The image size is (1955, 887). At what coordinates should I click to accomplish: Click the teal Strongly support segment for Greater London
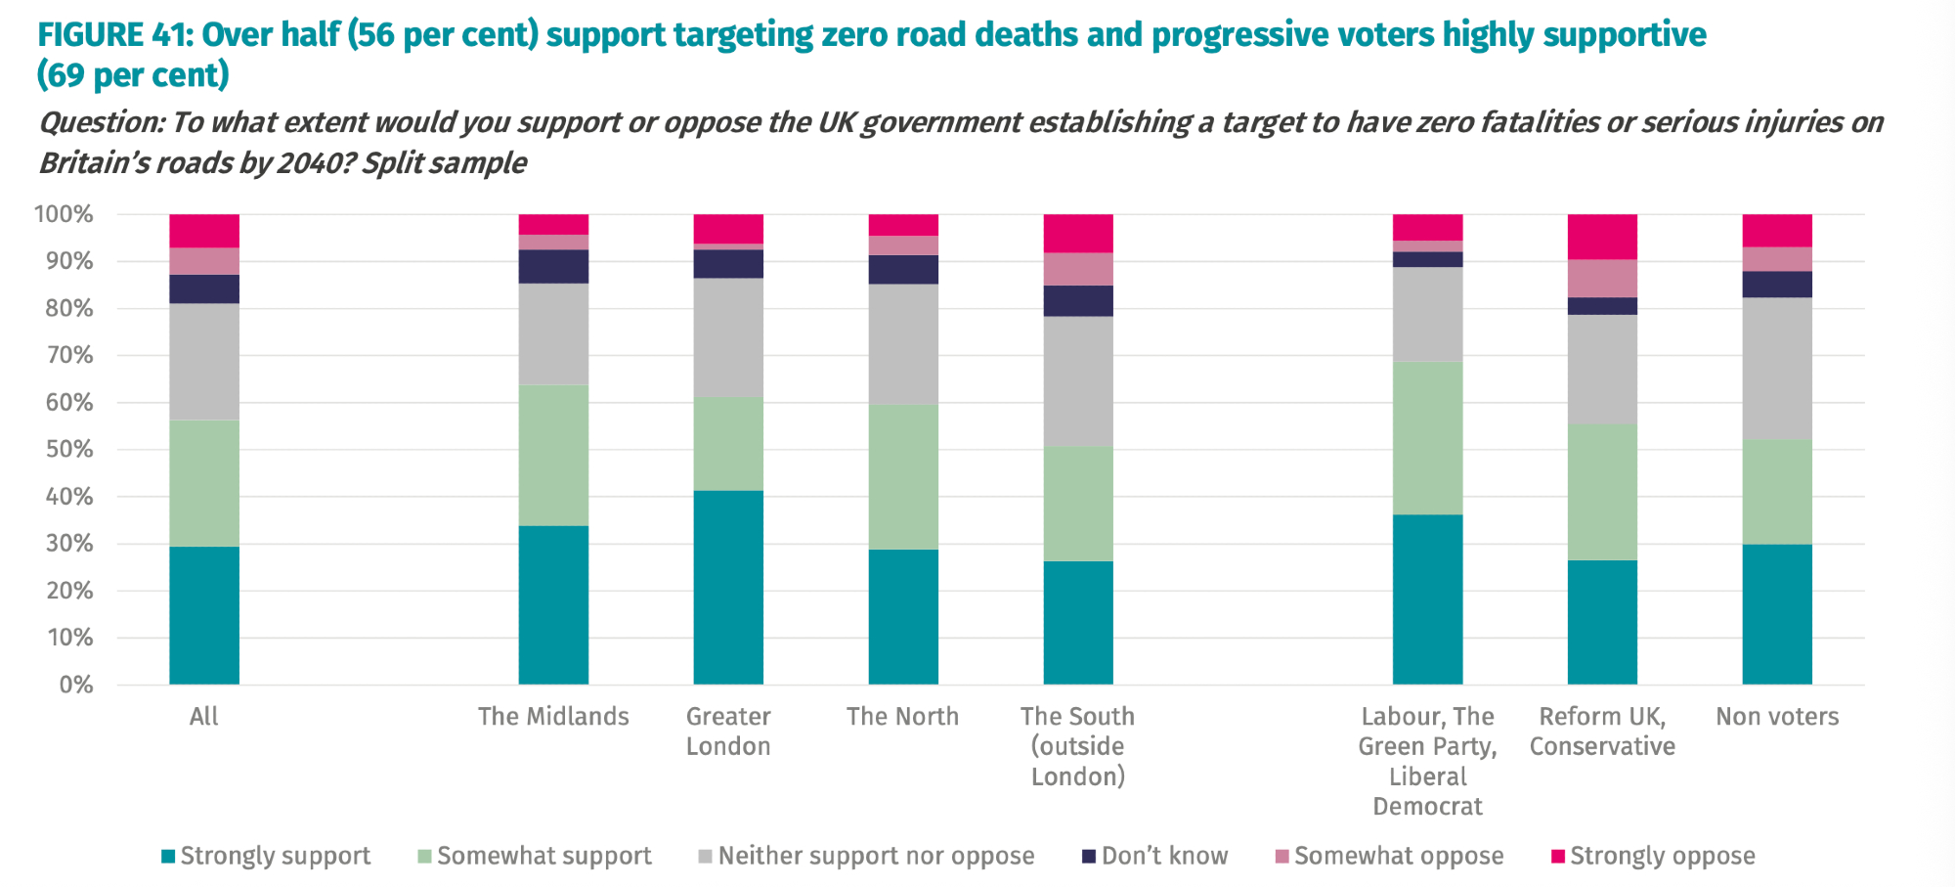tap(728, 587)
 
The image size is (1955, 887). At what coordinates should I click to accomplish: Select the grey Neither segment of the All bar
tap(204, 362)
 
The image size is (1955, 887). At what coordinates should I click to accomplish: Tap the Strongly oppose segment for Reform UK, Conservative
tap(1602, 237)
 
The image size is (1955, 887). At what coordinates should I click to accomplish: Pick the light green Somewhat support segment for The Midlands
tap(553, 455)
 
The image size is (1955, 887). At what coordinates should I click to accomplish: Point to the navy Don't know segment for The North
tap(903, 270)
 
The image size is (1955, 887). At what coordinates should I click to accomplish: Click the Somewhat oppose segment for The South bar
tap(1078, 269)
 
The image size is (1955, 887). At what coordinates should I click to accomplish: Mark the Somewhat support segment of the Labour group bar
tap(1427, 438)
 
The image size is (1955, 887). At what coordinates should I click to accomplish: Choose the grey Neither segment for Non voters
tap(1777, 369)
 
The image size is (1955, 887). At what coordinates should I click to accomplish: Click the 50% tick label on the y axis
tap(64, 450)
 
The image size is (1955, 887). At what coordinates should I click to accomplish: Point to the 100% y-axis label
tap(64, 214)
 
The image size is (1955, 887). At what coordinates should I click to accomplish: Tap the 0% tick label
tap(75, 685)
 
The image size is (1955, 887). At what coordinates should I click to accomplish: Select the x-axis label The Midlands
tap(553, 717)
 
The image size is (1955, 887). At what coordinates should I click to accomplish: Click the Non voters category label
tap(1777, 717)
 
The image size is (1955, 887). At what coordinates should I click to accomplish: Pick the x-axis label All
tap(203, 717)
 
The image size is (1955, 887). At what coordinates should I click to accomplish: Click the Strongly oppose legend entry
tap(1662, 857)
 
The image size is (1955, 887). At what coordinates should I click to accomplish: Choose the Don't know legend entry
tap(1163, 857)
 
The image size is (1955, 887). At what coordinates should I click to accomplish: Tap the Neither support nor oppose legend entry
tap(875, 857)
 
